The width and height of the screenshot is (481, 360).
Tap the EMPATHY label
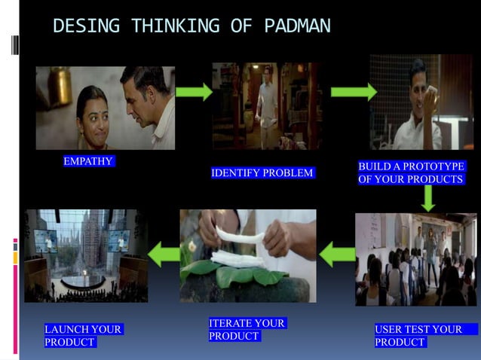click(88, 161)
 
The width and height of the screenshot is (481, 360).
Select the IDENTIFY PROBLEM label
click(262, 173)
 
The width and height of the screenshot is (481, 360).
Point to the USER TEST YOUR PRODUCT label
click(419, 335)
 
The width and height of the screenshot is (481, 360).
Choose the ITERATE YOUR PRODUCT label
click(247, 330)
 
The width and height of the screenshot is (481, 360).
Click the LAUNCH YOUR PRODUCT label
click(83, 335)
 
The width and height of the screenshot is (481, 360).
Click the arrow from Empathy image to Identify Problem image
click(194, 92)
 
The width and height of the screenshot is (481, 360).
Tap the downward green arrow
click(428, 198)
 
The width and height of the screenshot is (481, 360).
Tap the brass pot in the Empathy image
click(60, 85)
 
